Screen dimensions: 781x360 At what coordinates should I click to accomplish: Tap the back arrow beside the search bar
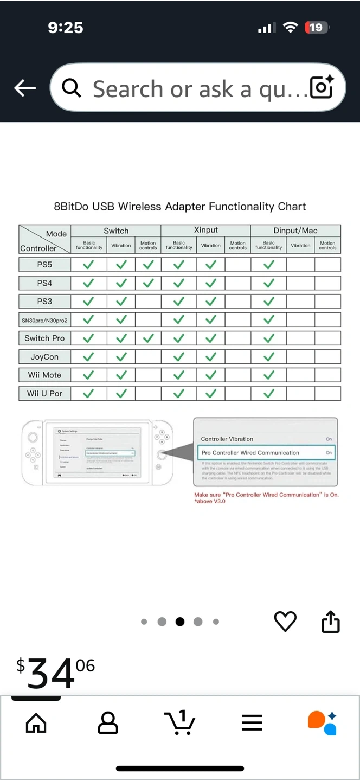(x=25, y=88)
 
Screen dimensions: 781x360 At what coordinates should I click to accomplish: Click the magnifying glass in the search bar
(x=72, y=88)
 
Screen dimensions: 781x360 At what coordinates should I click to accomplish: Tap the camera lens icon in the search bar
(x=322, y=87)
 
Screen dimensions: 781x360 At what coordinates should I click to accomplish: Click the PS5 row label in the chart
(x=44, y=265)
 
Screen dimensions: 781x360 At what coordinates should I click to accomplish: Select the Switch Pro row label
(x=44, y=338)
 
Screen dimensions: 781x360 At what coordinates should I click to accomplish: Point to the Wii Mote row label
(x=44, y=375)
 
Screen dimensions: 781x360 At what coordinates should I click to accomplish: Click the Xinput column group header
(x=206, y=231)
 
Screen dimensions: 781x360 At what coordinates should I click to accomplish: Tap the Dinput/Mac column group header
(x=295, y=231)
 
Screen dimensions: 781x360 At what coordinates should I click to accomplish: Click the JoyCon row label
(x=44, y=357)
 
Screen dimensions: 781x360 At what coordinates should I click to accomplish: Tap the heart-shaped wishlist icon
(x=285, y=622)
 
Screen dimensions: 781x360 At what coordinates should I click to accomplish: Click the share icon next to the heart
(x=330, y=622)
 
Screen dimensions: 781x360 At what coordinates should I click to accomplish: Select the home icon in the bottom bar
(x=36, y=722)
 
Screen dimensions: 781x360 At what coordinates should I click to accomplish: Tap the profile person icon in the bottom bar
(x=108, y=722)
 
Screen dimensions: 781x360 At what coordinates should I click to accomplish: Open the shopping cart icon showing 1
(x=179, y=722)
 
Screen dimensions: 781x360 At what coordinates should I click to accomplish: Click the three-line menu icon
(x=252, y=722)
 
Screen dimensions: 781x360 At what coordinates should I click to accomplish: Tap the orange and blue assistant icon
(x=322, y=722)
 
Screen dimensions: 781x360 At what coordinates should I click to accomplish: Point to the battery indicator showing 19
(x=316, y=28)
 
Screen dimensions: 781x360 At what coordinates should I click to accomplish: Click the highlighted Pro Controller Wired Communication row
(x=266, y=452)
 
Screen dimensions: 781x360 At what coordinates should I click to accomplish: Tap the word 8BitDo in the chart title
(x=72, y=207)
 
